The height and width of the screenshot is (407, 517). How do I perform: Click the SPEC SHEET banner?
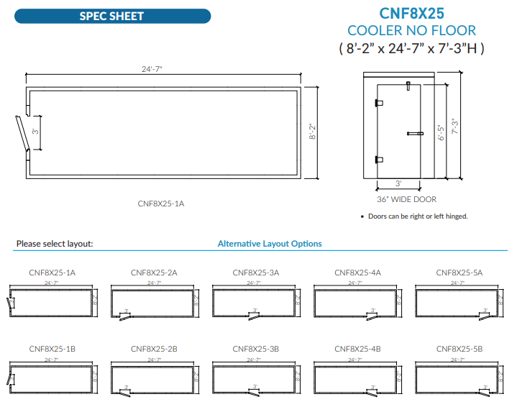[111, 16]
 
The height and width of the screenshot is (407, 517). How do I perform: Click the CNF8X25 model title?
[411, 13]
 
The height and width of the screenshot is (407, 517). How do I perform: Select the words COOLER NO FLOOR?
[411, 30]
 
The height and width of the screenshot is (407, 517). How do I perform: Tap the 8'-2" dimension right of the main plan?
[312, 132]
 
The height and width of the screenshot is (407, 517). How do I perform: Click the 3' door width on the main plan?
[35, 132]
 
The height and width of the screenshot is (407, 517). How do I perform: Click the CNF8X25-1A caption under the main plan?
[161, 203]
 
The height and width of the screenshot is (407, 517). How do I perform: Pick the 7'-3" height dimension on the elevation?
[454, 126]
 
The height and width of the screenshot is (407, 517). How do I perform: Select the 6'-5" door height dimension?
[441, 134]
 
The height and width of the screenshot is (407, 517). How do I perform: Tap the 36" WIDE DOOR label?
[406, 199]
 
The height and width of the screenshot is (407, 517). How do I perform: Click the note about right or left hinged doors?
[413, 216]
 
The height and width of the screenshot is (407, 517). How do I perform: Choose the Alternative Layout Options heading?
[270, 244]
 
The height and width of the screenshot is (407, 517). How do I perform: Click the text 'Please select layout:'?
[55, 244]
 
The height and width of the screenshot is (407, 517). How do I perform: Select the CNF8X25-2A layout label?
[154, 273]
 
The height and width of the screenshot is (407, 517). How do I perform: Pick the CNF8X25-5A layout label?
[459, 273]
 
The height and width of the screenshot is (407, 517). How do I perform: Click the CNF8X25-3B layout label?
[255, 348]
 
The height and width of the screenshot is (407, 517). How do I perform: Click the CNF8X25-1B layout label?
[52, 348]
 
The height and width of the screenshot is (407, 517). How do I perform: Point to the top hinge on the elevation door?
[379, 102]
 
